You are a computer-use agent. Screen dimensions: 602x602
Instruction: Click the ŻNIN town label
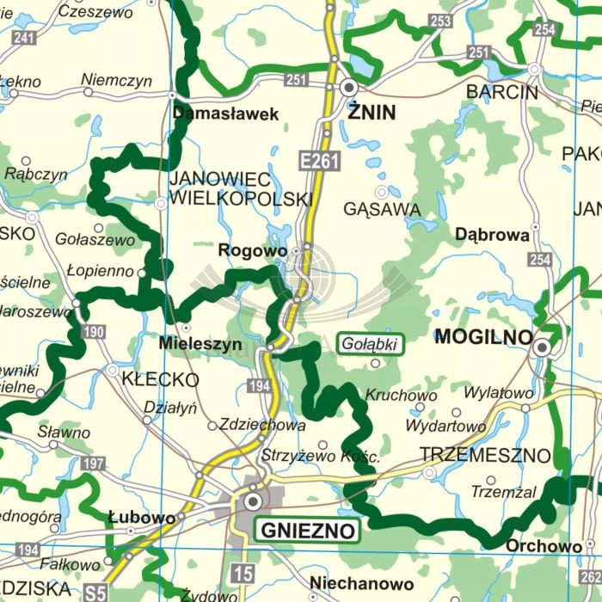pos(372,112)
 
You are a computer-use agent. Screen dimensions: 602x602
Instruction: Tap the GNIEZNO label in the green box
pos(307,531)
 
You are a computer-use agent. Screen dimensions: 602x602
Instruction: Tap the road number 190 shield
pos(95,332)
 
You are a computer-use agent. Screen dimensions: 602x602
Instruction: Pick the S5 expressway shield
pos(96,592)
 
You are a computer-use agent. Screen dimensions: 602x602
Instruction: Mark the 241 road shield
pos(25,37)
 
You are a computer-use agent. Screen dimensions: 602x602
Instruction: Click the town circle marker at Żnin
pos(348,87)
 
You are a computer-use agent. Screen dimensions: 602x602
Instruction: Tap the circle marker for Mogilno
pos(542,347)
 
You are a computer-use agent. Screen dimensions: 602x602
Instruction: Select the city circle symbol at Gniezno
pos(253,501)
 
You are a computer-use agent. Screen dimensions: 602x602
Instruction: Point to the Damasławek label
pos(226,114)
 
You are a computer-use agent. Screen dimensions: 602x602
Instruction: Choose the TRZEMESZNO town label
pos(485,454)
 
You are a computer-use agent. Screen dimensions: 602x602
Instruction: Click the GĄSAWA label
pos(382,209)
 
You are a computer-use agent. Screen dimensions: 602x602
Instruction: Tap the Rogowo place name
pos(253,250)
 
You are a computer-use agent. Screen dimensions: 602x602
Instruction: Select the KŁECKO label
pos(160,379)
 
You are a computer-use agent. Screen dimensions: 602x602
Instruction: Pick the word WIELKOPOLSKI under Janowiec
pos(240,200)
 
